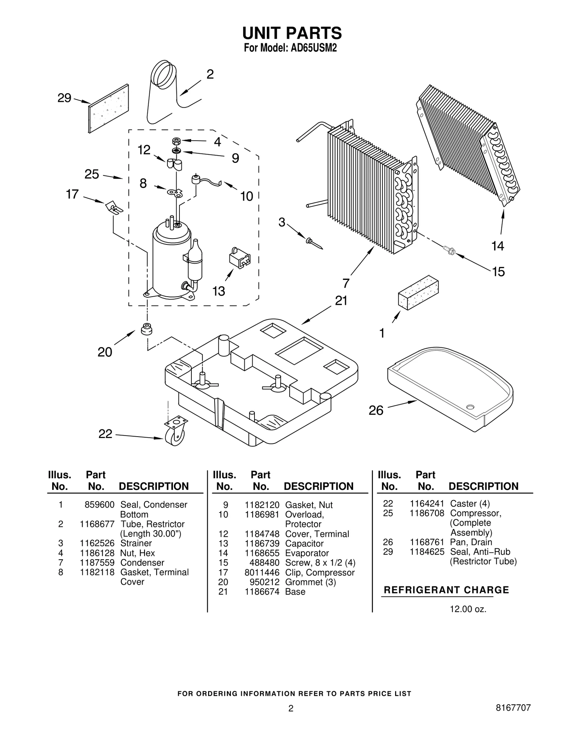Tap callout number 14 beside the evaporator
pyautogui.click(x=497, y=246)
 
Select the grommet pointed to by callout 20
pyautogui.click(x=146, y=329)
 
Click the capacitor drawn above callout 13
pyautogui.click(x=239, y=258)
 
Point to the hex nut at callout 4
pyautogui.click(x=177, y=141)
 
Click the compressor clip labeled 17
pyautogui.click(x=113, y=208)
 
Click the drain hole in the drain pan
pyautogui.click(x=470, y=407)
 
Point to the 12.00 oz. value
pyautogui.click(x=468, y=609)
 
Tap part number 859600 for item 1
pyautogui.click(x=99, y=505)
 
